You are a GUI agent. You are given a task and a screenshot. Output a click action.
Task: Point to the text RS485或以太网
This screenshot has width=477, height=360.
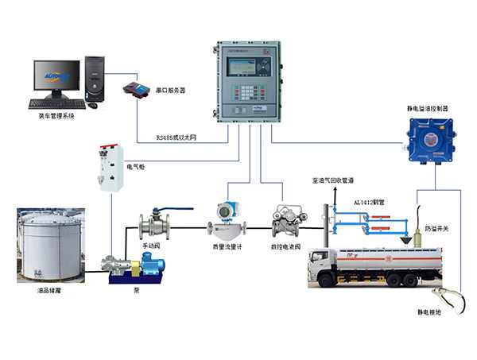tap(178, 137)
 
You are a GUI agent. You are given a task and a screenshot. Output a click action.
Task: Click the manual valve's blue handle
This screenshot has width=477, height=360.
tap(176, 210)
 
